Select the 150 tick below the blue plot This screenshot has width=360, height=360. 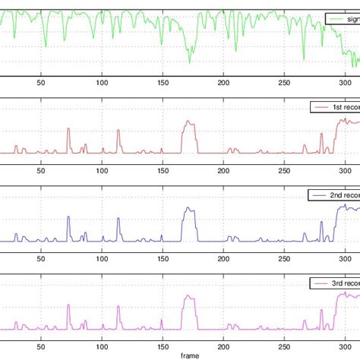pyautogui.click(x=162, y=260)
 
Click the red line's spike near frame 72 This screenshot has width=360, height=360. pyautogui.click(x=68, y=130)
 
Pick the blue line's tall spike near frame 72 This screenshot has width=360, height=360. pyautogui.click(x=68, y=218)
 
